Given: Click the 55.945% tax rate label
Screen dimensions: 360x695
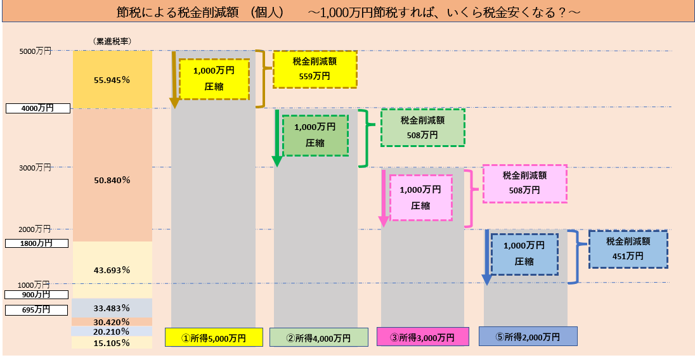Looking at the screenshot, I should [x=112, y=80].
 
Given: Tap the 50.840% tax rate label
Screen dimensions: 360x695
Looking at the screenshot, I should [x=112, y=180].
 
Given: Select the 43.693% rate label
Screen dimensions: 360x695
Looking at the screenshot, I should [x=112, y=270].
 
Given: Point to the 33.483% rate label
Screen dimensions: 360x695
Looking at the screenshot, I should [x=112, y=309].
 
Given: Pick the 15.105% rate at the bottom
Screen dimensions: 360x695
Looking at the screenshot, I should [x=112, y=343].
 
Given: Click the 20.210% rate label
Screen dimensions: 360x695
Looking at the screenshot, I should [x=112, y=331].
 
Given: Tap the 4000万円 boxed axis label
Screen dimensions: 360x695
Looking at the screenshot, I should [x=37, y=108].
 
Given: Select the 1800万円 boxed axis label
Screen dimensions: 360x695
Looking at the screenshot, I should [x=37, y=243].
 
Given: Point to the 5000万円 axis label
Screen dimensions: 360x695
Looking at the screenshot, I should [x=36, y=51].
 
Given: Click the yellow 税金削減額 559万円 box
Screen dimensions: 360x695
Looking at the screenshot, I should [x=315, y=68].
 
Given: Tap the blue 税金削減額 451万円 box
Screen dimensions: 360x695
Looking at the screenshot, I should [x=628, y=249].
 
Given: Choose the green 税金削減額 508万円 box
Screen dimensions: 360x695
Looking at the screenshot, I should [x=422, y=127].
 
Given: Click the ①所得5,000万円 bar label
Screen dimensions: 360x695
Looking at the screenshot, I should [x=214, y=337].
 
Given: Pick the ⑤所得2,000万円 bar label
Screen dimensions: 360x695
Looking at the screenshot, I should [x=528, y=337].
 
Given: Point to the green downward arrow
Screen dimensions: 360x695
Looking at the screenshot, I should [x=276, y=138].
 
